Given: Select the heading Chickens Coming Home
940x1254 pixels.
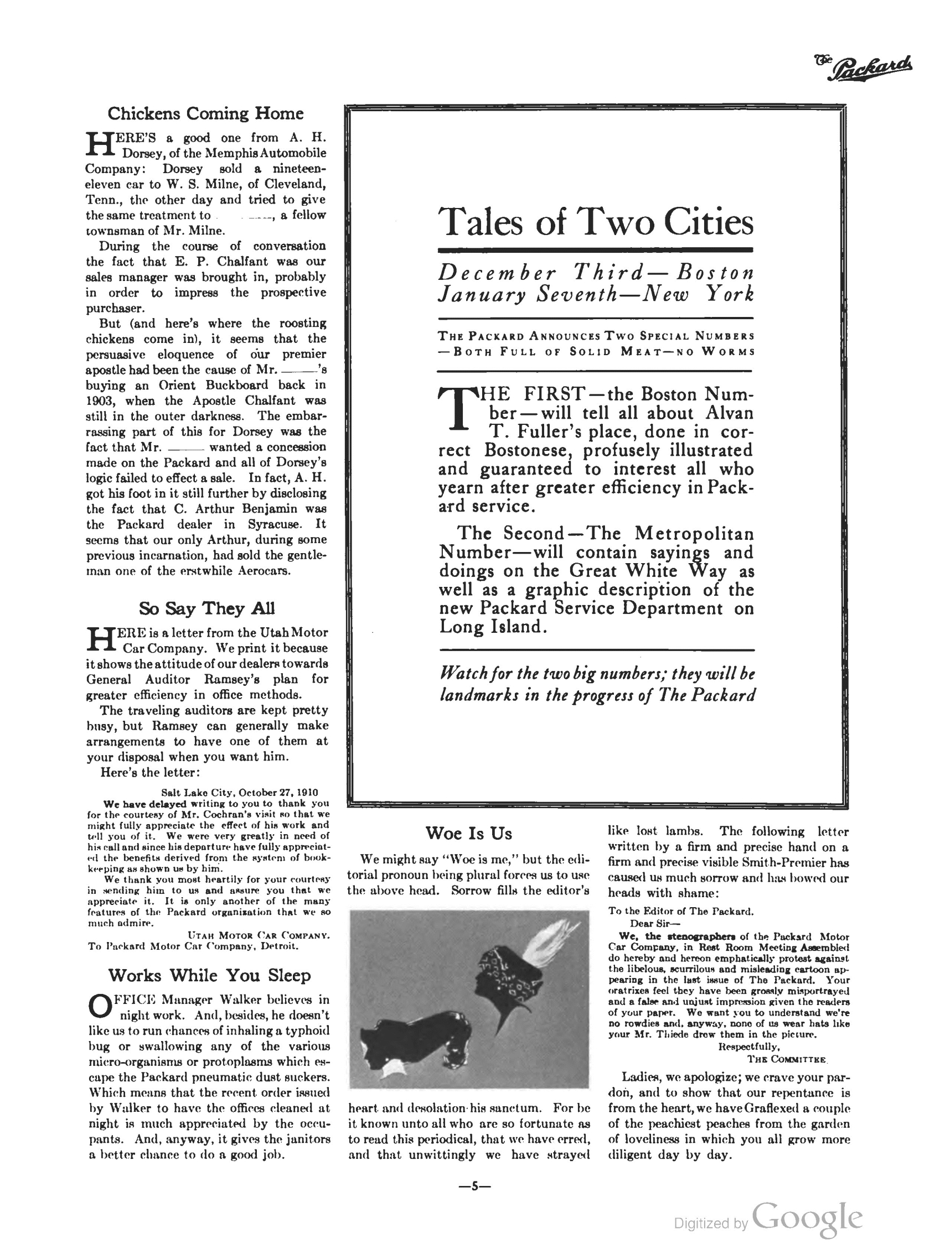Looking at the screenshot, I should [205, 113].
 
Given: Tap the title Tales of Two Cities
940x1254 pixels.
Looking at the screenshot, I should [596, 222].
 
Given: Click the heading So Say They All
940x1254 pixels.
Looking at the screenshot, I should [206, 608].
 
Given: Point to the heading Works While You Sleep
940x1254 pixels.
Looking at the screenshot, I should [209, 975].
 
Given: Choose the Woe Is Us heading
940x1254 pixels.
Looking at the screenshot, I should [468, 833].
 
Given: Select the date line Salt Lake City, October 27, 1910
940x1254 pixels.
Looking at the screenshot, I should [239, 793].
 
